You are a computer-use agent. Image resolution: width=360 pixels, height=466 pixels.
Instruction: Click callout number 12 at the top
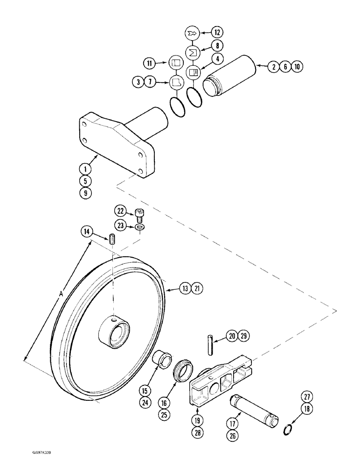point(216,33)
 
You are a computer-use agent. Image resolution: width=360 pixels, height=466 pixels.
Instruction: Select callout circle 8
point(216,45)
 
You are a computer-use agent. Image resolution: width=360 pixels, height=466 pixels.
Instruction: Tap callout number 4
point(216,59)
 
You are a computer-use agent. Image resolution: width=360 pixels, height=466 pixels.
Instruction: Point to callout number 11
point(149,62)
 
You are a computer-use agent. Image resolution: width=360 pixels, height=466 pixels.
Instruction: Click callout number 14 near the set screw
point(86,231)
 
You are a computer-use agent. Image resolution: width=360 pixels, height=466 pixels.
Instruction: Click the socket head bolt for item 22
point(140,214)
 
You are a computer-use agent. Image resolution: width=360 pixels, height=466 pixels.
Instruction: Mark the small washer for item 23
point(140,227)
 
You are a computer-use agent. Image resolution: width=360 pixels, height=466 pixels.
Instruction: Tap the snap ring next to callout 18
point(289,429)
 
